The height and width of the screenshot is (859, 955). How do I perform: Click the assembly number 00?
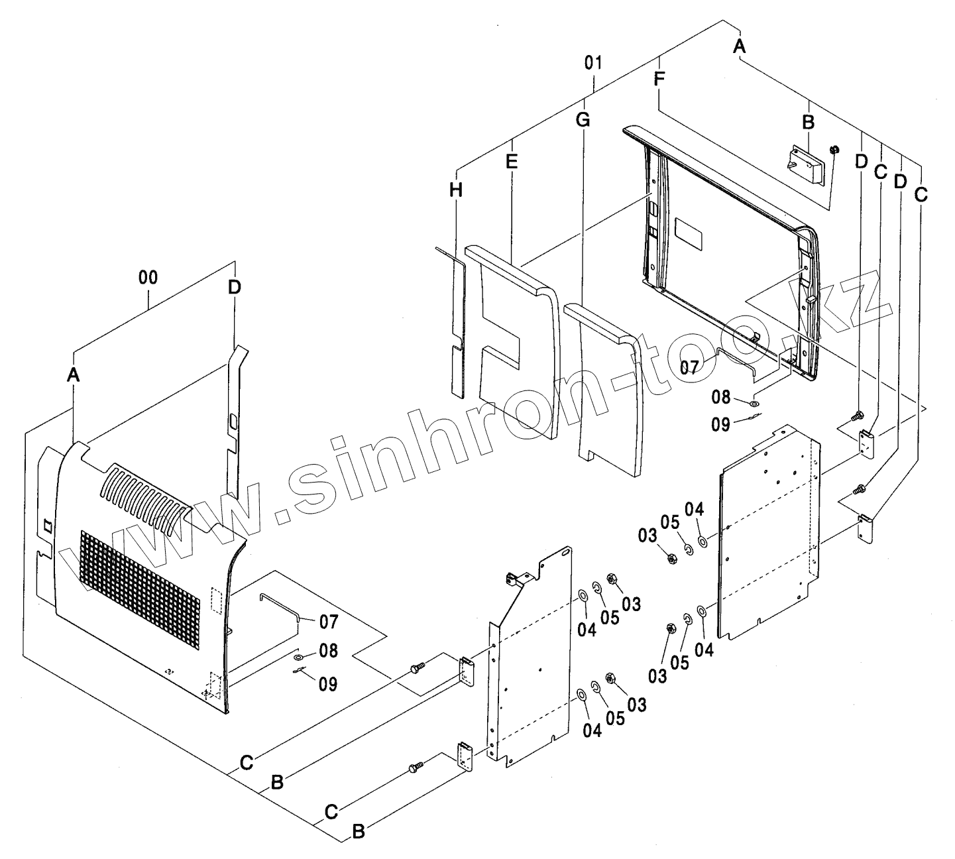coord(148,278)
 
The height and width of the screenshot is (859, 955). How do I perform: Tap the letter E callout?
coord(511,161)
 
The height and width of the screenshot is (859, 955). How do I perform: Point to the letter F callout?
coord(659,79)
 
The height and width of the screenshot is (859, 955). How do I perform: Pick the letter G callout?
coord(583,120)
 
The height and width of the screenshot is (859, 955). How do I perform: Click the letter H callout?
coord(456,190)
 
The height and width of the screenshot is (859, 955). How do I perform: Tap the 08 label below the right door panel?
coord(721,397)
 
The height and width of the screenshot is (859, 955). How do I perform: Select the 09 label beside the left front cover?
coord(328,683)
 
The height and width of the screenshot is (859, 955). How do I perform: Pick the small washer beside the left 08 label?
coord(298,657)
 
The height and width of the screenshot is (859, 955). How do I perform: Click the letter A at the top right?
coord(740,46)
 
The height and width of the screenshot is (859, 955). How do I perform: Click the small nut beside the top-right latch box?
coord(834,148)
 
